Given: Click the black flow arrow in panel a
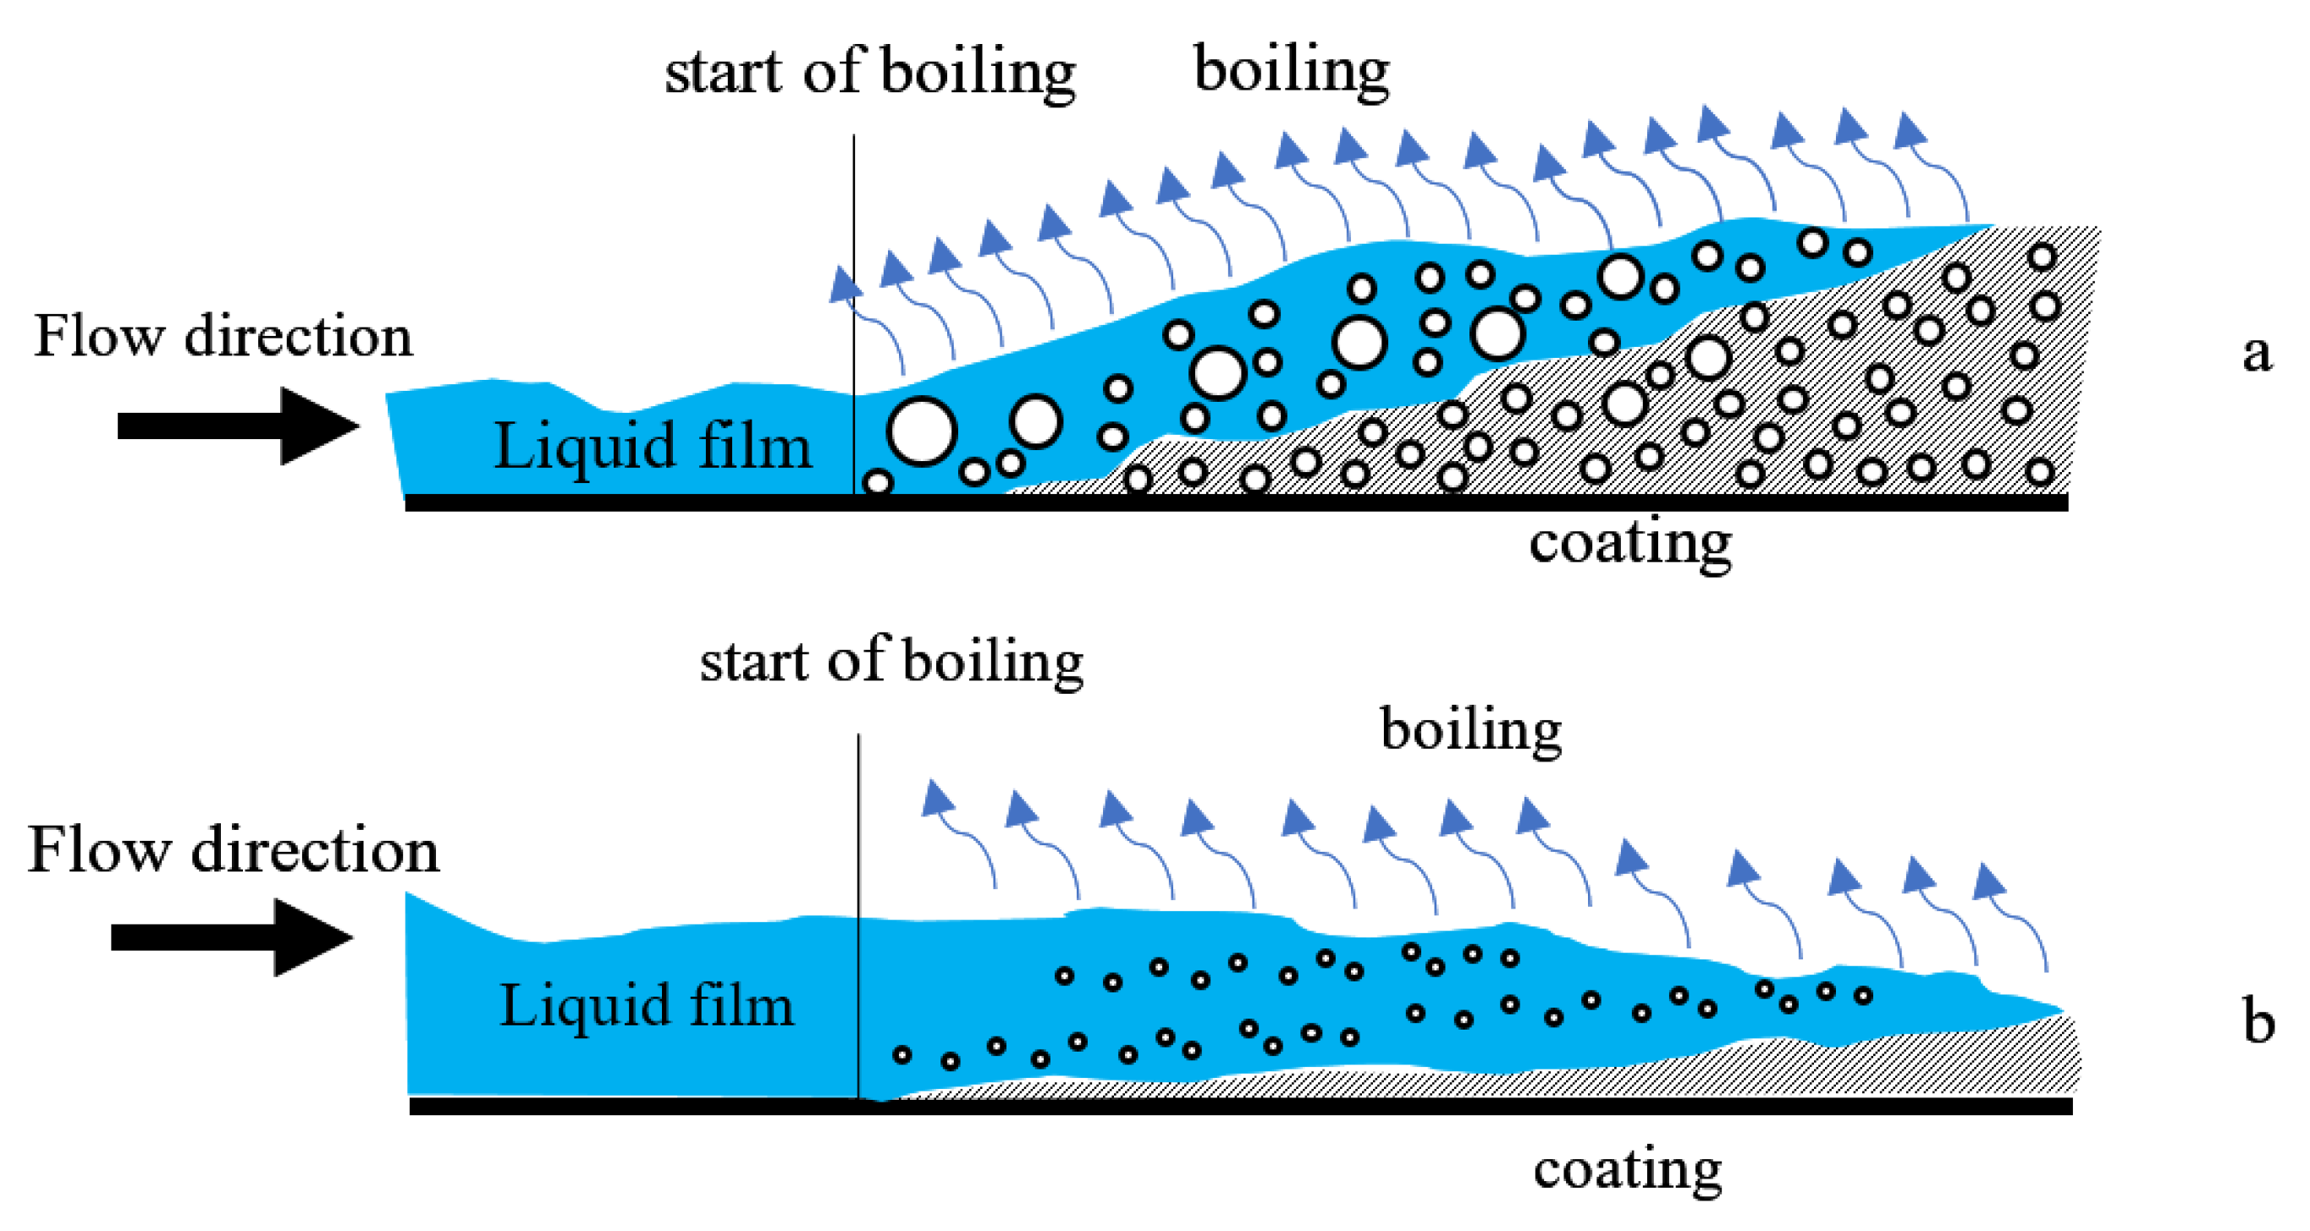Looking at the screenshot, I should pos(238,426).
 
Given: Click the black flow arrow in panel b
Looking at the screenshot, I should pos(231,937).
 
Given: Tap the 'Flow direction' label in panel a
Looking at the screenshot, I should pos(223,336).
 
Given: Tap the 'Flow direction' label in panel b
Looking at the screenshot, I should pos(233,849).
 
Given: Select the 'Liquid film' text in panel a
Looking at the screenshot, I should pos(652,446).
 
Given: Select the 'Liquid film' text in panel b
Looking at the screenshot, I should pos(646,1005).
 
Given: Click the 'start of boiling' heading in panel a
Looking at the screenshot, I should pos(869,71).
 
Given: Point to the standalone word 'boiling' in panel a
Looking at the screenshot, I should pos(1292,69).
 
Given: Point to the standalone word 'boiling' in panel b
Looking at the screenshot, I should pos(1470,729).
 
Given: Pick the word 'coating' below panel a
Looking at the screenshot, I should pos(1629,543).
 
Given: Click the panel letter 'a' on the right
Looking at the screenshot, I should pos(2256,354).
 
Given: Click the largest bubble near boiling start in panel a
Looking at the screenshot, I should pos(921,431).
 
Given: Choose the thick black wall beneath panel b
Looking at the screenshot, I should pos(1238,1107).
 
